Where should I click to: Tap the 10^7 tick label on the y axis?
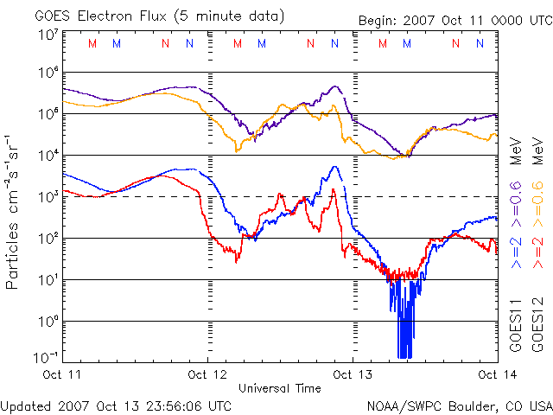coord(48,35)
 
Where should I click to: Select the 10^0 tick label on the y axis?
coord(48,322)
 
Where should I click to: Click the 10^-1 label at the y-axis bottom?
coord(46,356)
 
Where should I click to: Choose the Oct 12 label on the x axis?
coord(207,374)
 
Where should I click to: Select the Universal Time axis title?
coord(280,388)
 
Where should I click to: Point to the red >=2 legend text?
coord(537,252)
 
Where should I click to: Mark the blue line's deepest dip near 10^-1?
coord(402,354)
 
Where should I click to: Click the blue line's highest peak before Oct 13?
coord(335,167)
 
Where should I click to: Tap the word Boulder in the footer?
coord(473,405)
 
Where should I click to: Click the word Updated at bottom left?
coord(27,405)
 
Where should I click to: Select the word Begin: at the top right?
coord(378,21)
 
